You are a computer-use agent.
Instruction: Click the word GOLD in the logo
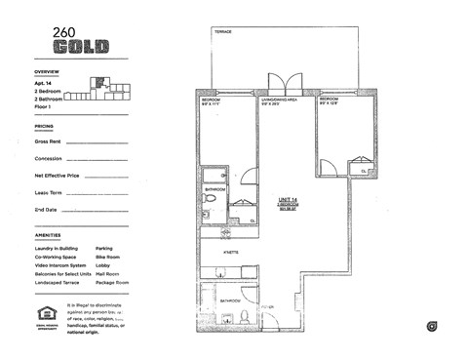[x=81, y=46]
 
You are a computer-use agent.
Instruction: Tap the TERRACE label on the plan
[x=225, y=32]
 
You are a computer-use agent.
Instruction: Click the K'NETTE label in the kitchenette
[x=232, y=251]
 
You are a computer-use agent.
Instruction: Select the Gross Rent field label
[x=47, y=141]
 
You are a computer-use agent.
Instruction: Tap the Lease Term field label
[x=48, y=193]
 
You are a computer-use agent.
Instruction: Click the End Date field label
[x=45, y=210]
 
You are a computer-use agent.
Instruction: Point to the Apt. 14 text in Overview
[x=44, y=83]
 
